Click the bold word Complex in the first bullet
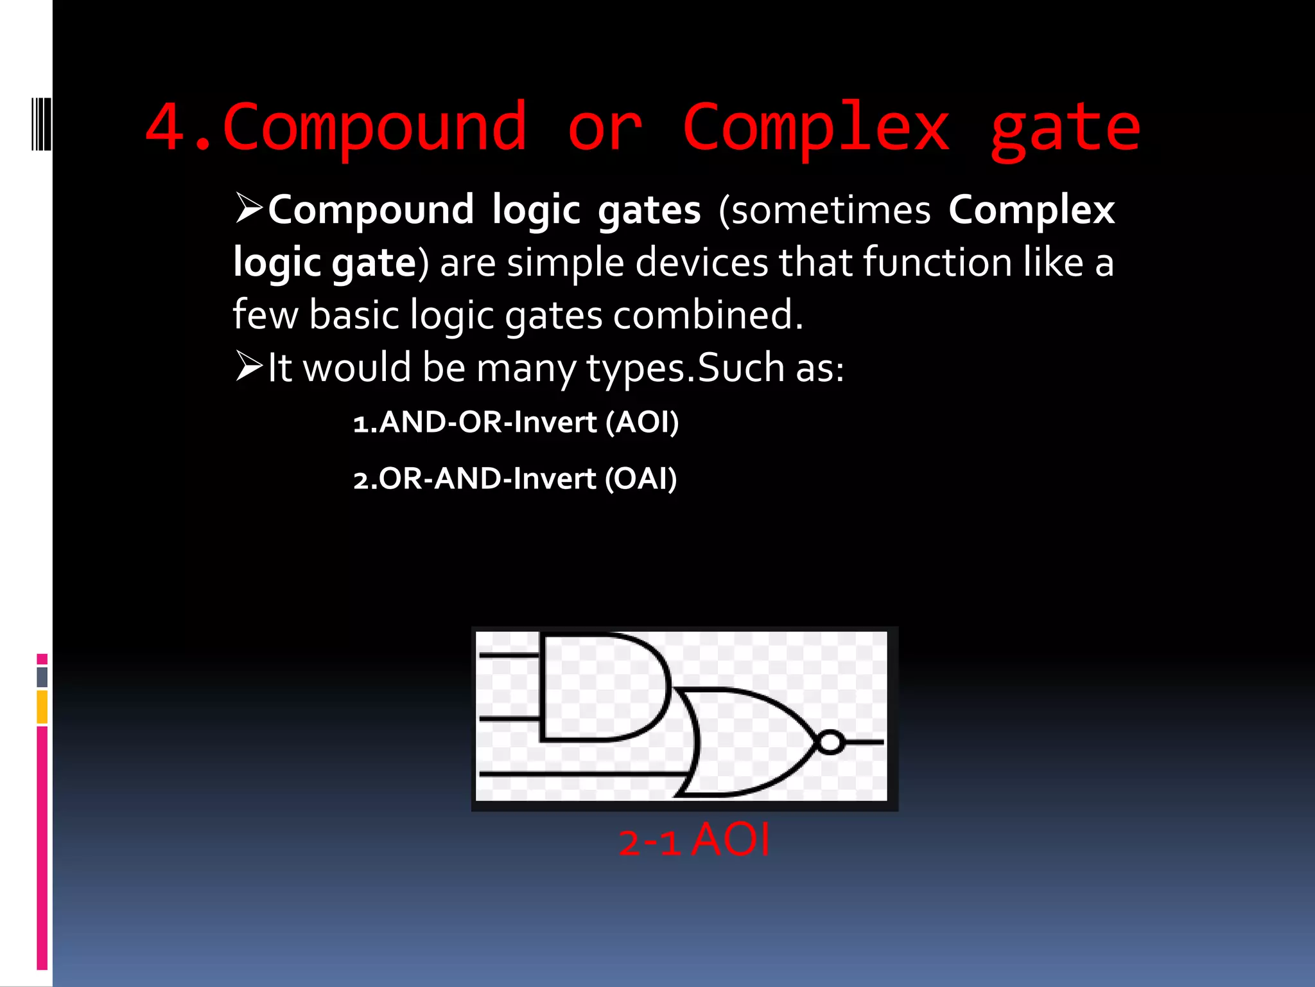1031,210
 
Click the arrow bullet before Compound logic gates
249,208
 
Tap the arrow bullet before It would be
249,366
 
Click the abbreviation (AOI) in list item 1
642,422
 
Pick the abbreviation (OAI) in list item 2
641,479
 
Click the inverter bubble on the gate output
830,742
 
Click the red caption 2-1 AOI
693,840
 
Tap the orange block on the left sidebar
42,707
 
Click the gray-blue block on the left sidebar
42,677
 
